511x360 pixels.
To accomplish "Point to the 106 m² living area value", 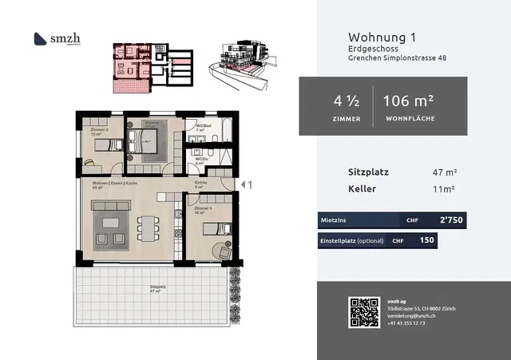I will (408, 101).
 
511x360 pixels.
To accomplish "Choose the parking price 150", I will (427, 240).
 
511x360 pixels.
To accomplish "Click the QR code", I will (361, 311).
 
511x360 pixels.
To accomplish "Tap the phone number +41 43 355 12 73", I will (406, 323).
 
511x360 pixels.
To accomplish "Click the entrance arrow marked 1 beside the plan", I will (247, 184).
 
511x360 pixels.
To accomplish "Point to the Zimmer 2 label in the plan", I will (99, 129).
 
